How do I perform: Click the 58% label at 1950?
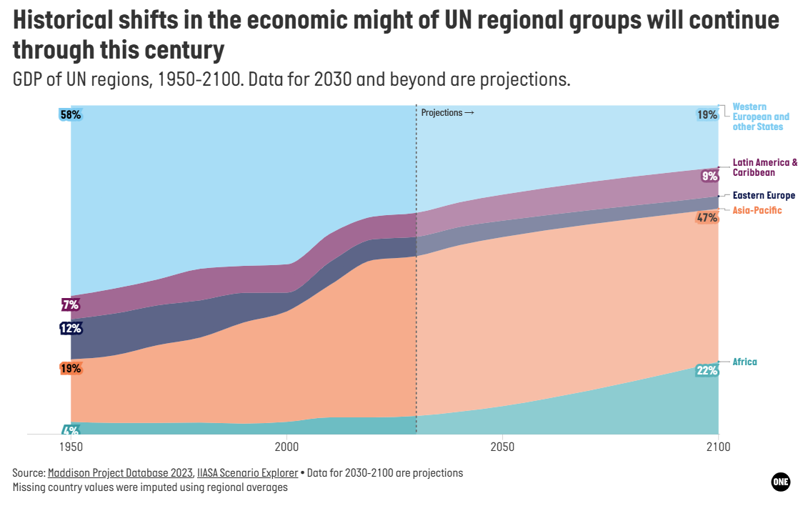point(71,115)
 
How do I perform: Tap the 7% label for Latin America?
point(71,305)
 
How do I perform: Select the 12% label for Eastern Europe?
point(71,328)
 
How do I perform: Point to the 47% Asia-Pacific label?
point(707,218)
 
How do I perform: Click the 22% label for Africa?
point(707,370)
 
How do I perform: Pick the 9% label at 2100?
point(710,177)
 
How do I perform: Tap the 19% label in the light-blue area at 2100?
point(707,115)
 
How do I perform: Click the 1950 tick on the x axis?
point(71,447)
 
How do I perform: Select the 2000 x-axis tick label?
point(286,447)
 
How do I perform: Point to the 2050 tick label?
point(502,447)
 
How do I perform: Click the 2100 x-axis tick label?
point(719,447)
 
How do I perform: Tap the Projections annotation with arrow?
point(448,113)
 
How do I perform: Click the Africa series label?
point(744,362)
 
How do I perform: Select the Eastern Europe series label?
point(764,196)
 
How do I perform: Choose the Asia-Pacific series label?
point(757,211)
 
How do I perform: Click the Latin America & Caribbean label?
point(764,167)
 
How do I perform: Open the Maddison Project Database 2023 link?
point(120,472)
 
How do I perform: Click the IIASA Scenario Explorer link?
point(247,472)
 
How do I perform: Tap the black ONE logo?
point(780,482)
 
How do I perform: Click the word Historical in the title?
point(62,21)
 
